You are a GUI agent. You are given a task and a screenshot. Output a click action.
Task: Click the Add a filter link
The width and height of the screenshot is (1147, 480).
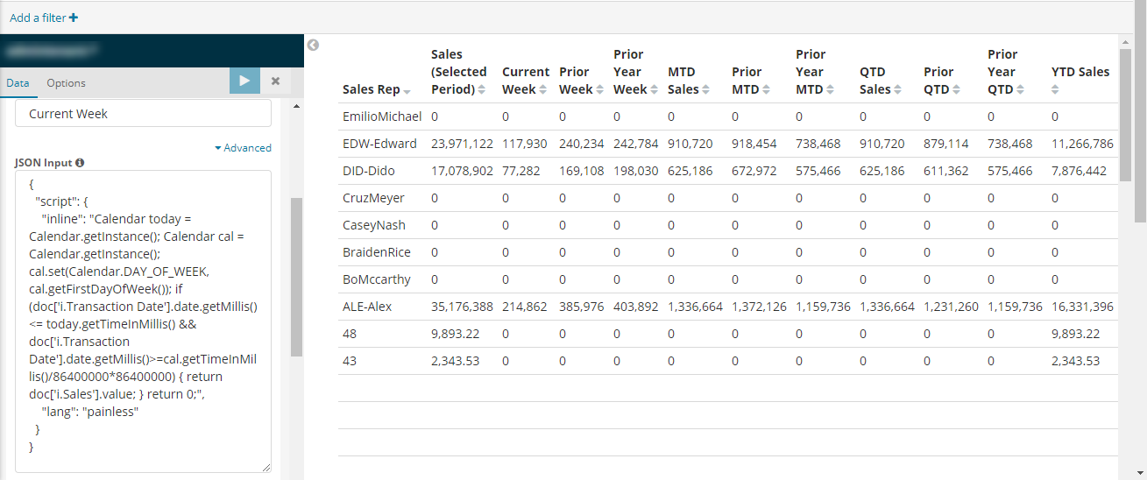[x=44, y=18]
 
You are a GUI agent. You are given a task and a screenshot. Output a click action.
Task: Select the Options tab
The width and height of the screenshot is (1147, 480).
[x=66, y=83]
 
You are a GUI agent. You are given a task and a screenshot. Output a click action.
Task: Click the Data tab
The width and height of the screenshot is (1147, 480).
[x=18, y=83]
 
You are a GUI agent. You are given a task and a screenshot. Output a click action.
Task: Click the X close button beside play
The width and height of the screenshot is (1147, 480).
[x=275, y=81]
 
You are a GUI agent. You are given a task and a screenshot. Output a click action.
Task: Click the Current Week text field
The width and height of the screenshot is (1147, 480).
[x=144, y=114]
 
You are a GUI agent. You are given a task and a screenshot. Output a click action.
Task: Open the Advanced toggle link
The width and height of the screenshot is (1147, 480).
[x=243, y=148]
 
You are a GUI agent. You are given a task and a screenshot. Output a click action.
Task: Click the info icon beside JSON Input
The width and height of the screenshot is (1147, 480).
[x=80, y=163]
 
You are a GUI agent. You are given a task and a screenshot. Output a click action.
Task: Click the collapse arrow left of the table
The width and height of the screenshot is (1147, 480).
[x=313, y=46]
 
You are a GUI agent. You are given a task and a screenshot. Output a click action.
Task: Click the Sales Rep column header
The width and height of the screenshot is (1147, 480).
[x=372, y=89]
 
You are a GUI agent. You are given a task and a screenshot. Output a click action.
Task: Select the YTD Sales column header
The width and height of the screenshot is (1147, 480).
[x=1080, y=72]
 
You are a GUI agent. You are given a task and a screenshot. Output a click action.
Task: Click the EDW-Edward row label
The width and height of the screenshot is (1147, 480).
[x=379, y=144]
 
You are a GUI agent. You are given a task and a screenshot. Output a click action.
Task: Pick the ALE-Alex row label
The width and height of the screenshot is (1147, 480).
[x=367, y=307]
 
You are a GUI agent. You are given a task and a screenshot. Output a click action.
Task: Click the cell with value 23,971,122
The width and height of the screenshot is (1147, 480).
[x=462, y=144]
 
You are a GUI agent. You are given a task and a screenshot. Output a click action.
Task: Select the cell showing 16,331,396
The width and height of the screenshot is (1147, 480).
[x=1082, y=307]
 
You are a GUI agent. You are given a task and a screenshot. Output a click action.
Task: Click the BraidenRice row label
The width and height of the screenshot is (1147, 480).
[x=377, y=252]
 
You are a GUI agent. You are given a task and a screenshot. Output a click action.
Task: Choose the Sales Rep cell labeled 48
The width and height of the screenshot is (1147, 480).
[x=350, y=334]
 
